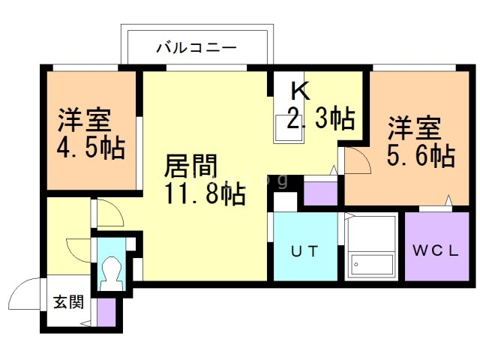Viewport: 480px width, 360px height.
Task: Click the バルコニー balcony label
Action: coord(196,49)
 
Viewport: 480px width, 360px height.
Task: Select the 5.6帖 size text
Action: coord(421,156)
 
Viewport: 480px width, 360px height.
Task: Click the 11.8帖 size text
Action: coord(203,194)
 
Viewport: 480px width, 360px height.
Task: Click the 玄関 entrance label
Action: coord(67,302)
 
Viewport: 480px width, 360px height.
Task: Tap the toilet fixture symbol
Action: coord(112,272)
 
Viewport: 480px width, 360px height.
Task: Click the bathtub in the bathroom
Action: coord(372,248)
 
